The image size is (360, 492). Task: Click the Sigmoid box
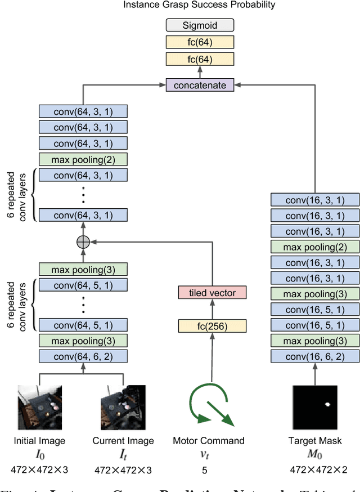[x=200, y=25]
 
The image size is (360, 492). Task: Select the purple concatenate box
[x=200, y=86]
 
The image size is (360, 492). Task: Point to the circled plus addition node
[x=83, y=241]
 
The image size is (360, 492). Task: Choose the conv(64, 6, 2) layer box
[x=83, y=356]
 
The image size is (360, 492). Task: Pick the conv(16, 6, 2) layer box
[x=315, y=356]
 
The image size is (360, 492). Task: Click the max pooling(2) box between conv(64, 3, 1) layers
[x=83, y=159]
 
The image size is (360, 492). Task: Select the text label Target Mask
[x=315, y=441]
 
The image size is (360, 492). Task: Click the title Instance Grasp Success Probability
[x=200, y=5]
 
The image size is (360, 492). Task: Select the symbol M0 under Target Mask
[x=315, y=455]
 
